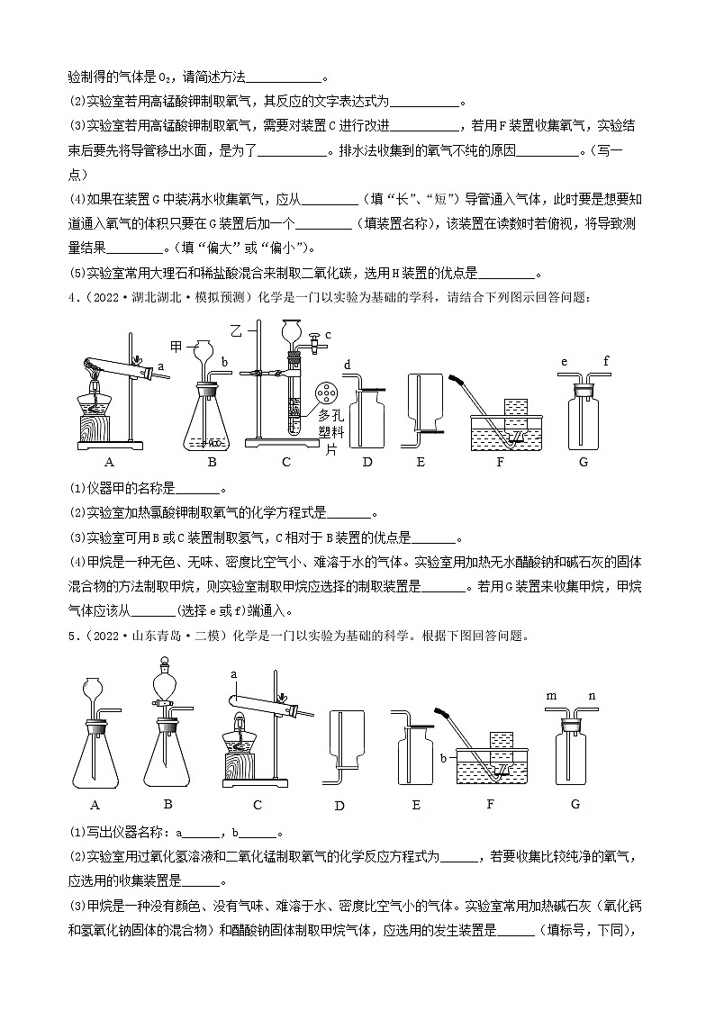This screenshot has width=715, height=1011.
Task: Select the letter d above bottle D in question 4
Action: point(348,365)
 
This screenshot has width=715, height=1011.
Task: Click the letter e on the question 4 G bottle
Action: point(563,363)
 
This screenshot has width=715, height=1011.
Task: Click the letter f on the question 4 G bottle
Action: point(607,363)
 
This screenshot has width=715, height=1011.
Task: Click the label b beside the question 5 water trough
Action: point(444,758)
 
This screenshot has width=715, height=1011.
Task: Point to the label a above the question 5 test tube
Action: point(233,673)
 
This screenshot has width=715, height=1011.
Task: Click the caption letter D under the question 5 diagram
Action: point(339,806)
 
